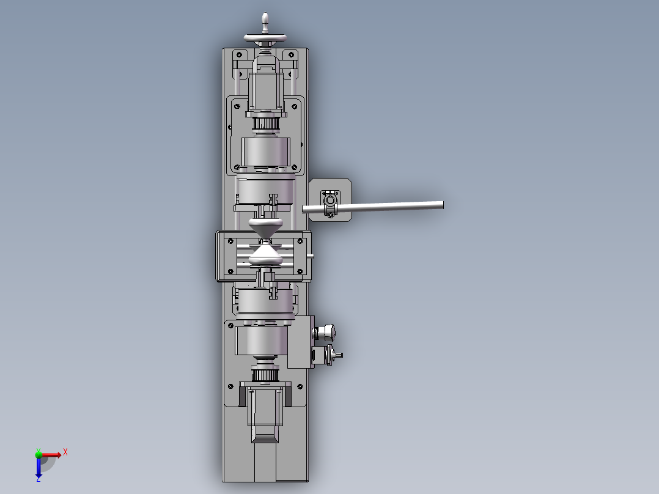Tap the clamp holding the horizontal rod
click(x=331, y=203)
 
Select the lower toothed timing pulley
click(x=266, y=374)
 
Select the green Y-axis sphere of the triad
click(x=39, y=454)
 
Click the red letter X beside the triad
click(x=65, y=452)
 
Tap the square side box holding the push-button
click(x=300, y=342)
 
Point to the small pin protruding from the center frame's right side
click(x=312, y=256)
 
